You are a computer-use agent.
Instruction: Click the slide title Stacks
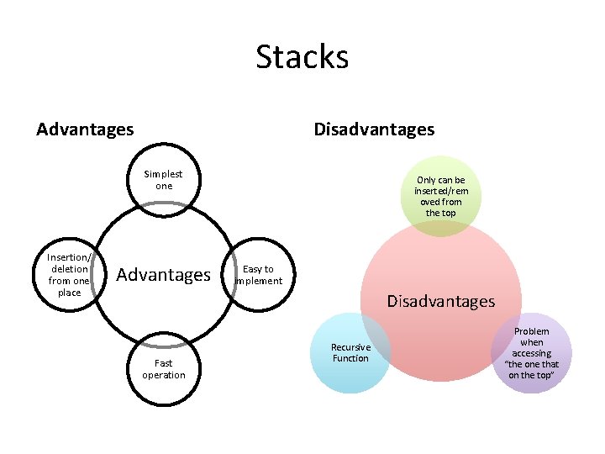(302, 57)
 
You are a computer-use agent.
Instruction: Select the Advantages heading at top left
(85, 129)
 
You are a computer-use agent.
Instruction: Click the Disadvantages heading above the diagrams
(374, 129)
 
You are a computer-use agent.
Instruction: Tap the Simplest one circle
(164, 180)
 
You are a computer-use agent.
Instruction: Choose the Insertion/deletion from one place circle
(69, 274)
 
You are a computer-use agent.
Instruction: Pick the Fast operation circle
(164, 369)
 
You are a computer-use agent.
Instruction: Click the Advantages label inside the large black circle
(164, 275)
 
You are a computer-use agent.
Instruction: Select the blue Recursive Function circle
(350, 352)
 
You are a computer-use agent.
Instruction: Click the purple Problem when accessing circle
(531, 352)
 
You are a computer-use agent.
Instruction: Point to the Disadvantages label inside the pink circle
(441, 300)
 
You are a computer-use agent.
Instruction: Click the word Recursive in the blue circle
(350, 347)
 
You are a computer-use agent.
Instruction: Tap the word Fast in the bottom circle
(164, 363)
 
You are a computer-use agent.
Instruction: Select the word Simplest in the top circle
(164, 174)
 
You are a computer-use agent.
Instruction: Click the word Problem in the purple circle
(531, 331)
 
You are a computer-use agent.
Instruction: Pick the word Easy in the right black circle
(251, 269)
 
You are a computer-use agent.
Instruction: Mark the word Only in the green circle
(427, 180)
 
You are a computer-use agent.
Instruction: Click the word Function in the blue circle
(350, 358)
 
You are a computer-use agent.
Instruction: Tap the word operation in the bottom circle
(164, 375)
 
